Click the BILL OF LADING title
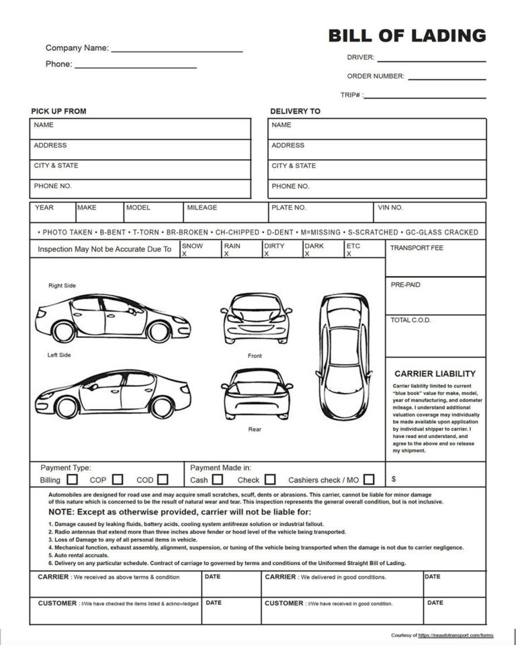point(406,36)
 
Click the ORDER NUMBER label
point(376,76)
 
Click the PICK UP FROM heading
point(58,112)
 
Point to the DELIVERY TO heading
point(295,112)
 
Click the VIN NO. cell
point(429,212)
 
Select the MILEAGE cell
point(225,212)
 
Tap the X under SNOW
point(185,254)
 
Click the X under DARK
point(307,254)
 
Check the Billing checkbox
point(73,480)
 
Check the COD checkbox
point(163,480)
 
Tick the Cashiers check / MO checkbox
point(369,480)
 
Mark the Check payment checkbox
point(270,480)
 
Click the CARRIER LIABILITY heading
point(435,374)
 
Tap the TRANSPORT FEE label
point(417,248)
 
